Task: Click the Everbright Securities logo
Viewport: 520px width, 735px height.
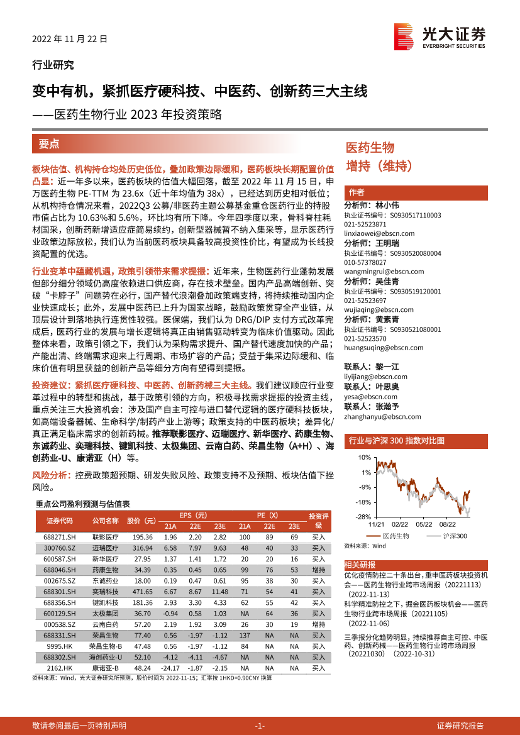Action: tap(440, 35)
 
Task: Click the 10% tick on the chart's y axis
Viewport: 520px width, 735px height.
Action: tap(363, 457)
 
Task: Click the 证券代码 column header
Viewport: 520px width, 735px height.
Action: tap(60, 520)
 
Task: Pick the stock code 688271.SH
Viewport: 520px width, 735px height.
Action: tap(60, 537)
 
